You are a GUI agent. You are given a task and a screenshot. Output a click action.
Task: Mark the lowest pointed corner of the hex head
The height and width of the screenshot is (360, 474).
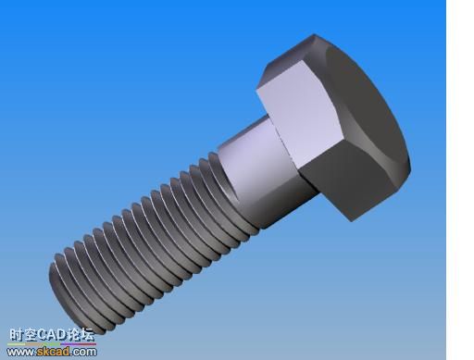point(352,221)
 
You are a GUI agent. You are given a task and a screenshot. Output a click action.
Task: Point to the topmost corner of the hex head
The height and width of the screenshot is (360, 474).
point(314,34)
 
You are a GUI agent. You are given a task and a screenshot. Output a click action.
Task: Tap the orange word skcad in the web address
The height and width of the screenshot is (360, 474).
point(53,352)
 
